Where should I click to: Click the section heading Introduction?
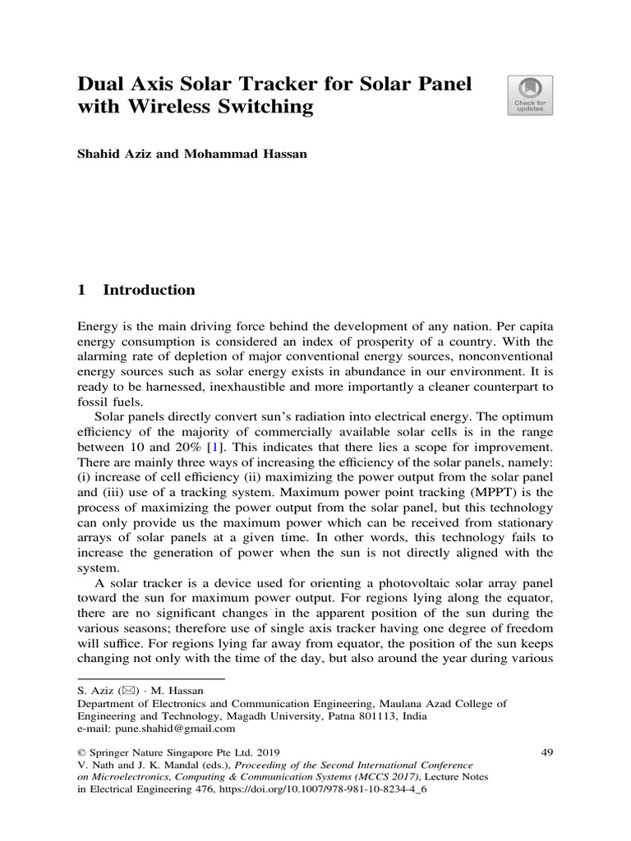(149, 290)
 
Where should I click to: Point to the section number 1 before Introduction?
(81, 290)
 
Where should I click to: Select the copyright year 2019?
(266, 751)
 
